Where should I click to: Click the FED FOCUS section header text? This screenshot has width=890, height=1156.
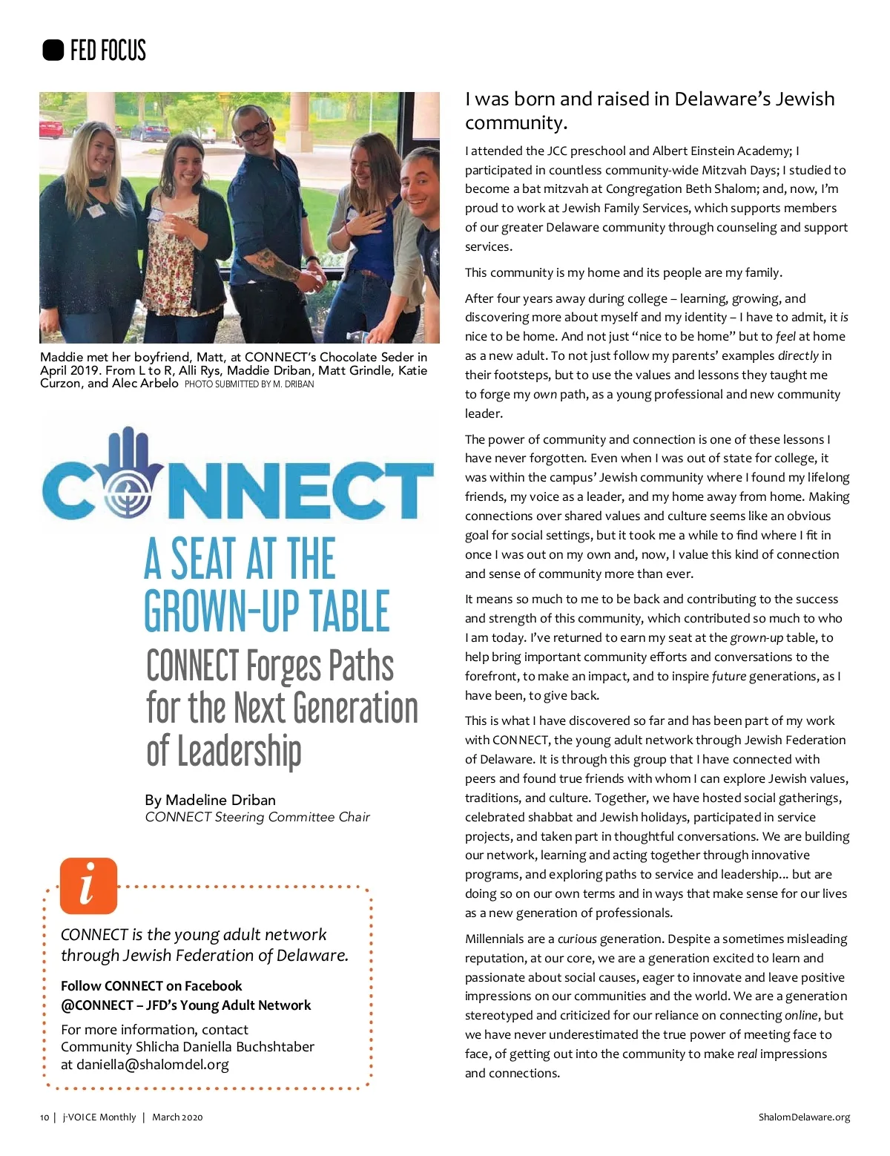(108, 50)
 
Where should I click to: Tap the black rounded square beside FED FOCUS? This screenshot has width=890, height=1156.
(53, 50)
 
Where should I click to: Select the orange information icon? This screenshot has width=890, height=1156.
(88, 885)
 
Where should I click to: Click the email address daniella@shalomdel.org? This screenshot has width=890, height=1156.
(152, 1065)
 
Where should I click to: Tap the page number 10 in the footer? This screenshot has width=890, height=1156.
(44, 1117)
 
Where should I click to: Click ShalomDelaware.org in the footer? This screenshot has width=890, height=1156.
(804, 1117)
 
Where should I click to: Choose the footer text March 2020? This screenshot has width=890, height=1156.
(177, 1117)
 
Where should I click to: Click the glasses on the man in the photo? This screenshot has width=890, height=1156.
(253, 131)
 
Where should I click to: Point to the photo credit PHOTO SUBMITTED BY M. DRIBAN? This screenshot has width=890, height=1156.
(249, 384)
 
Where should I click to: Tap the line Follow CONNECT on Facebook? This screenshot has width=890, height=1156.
(151, 986)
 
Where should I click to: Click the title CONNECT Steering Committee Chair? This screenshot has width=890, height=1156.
(257, 817)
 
